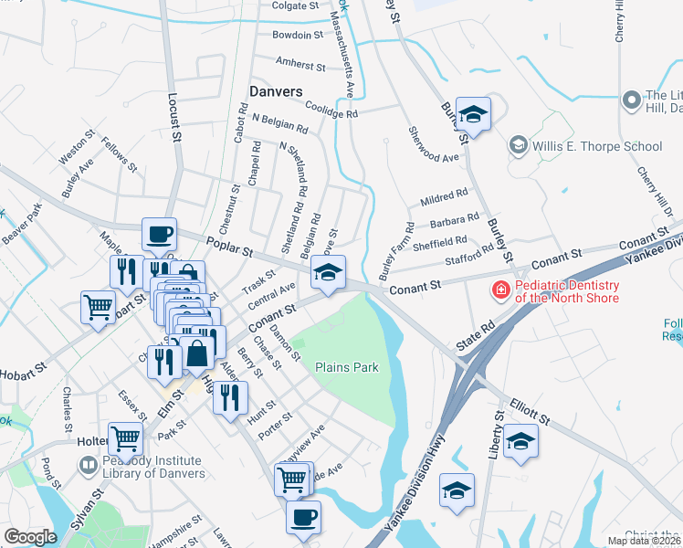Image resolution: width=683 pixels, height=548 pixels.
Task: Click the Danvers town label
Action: (275, 91)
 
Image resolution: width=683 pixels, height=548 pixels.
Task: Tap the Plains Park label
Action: (346, 367)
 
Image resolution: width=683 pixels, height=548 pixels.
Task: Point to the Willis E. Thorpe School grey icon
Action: (519, 145)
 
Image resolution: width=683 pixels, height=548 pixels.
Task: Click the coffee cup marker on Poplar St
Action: (159, 235)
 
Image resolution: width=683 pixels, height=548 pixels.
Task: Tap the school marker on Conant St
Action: (329, 271)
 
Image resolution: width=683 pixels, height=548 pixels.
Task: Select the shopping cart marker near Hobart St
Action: (99, 306)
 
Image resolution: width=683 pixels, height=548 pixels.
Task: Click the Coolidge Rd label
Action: (331, 110)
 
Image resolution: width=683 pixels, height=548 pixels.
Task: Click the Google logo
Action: (30, 536)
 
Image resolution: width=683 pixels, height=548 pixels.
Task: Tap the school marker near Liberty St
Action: (520, 441)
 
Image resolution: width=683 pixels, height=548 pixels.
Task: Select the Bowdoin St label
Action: (298, 36)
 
